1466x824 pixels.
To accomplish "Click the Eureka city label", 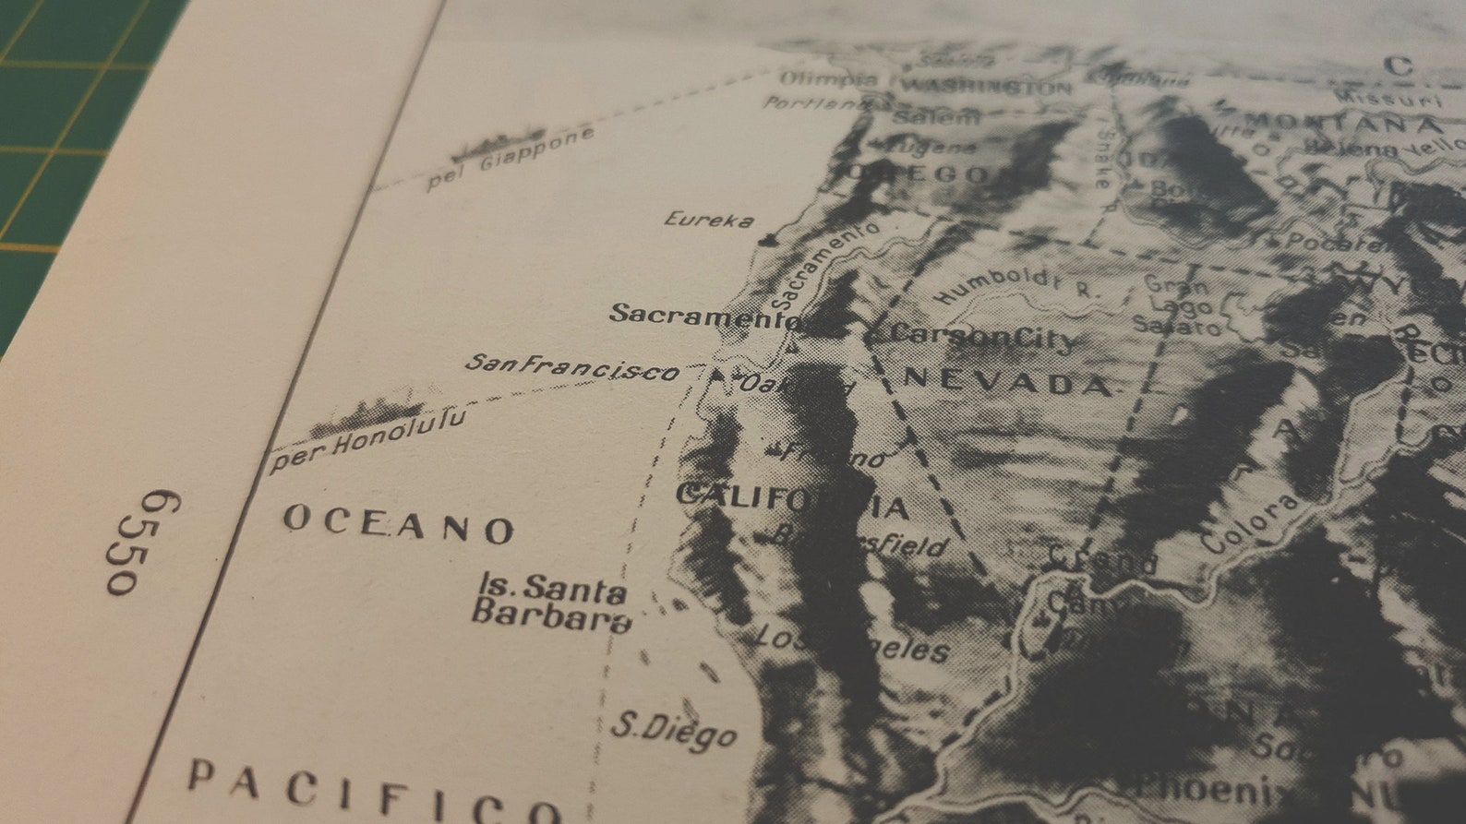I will pos(708,220).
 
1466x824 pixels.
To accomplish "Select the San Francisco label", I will pos(572,367).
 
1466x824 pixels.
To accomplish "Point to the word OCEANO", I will pos(398,526).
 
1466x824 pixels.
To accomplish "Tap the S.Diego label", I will pos(674,731).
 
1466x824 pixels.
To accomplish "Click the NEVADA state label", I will pos(1007,379).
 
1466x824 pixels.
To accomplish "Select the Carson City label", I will pos(983,336).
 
